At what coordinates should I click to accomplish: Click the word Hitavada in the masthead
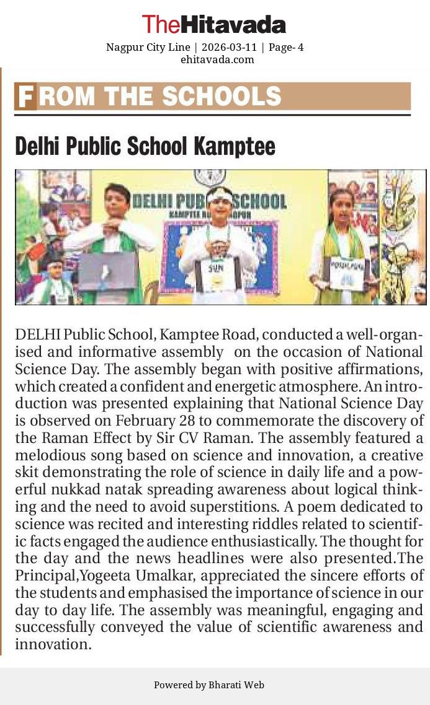tap(233, 25)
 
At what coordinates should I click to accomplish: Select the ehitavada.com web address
tap(217, 59)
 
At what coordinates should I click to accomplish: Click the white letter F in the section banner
tap(25, 97)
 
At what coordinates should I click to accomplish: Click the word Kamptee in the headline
tap(235, 146)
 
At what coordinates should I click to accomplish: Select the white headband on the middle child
tap(218, 195)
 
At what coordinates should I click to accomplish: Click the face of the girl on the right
tap(342, 205)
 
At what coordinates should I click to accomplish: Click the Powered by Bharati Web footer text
tap(209, 685)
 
